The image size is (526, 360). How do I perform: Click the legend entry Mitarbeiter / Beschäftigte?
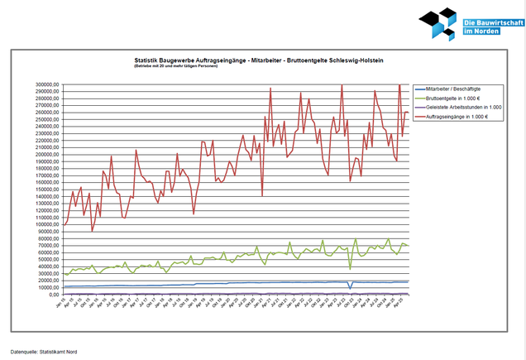(x=458, y=88)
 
